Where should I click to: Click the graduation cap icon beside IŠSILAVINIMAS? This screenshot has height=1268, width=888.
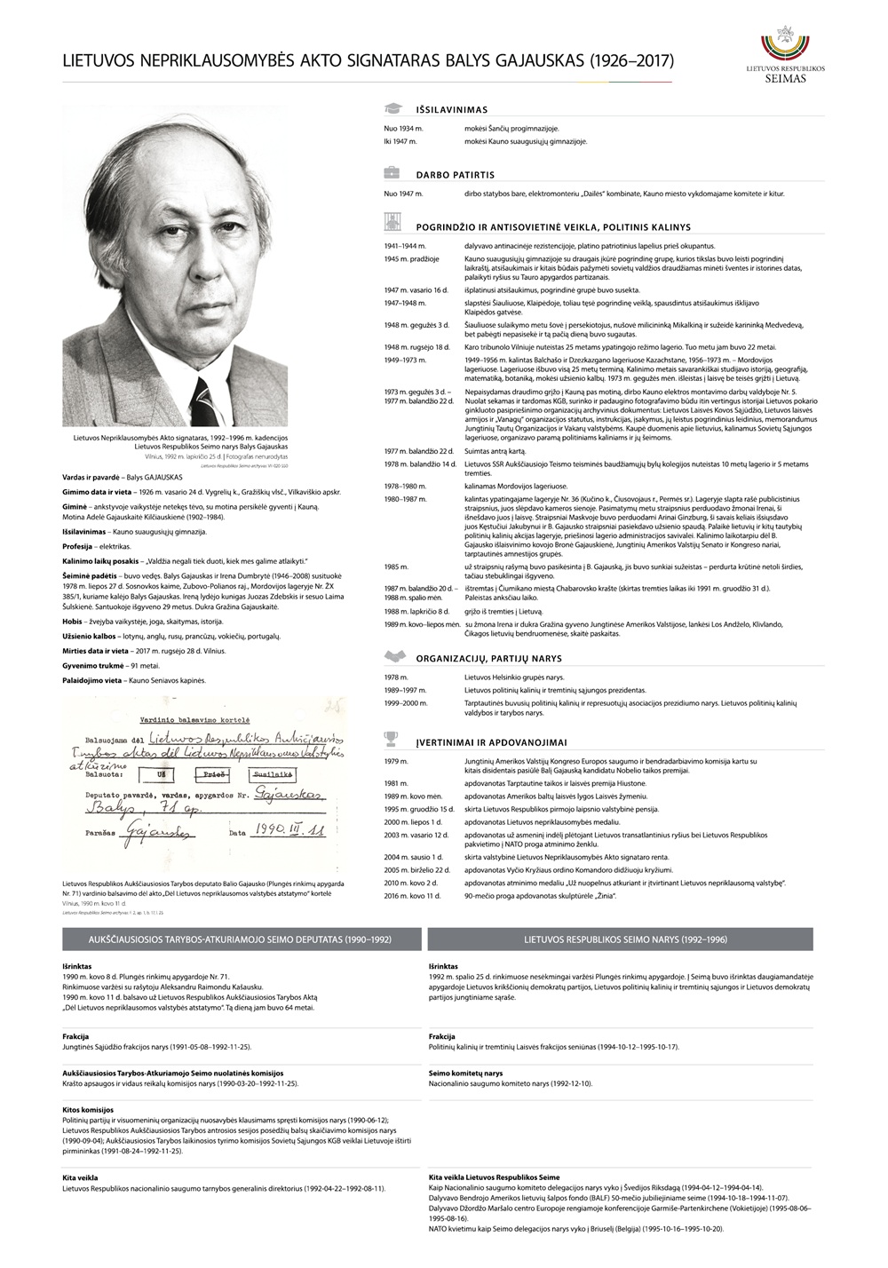pyautogui.click(x=392, y=109)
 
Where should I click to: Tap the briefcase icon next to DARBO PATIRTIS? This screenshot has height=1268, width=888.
pyautogui.click(x=392, y=174)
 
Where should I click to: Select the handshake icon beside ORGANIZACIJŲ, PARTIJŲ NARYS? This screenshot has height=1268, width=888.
pyautogui.click(x=392, y=657)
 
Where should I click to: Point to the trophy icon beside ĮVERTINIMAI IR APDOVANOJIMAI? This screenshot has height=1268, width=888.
pyautogui.click(x=392, y=739)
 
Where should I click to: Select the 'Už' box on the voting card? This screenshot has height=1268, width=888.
pyautogui.click(x=161, y=773)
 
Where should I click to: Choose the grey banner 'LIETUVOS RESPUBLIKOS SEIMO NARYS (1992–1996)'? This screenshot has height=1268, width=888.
pyautogui.click(x=620, y=939)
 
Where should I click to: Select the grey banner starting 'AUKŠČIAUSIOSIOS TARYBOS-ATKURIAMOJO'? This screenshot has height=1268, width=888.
pyautogui.click(x=241, y=939)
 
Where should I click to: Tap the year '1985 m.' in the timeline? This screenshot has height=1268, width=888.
pyautogui.click(x=396, y=567)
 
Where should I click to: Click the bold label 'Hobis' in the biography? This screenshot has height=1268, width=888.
pyautogui.click(x=73, y=622)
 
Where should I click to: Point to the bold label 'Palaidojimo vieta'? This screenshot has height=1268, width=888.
pyautogui.click(x=93, y=680)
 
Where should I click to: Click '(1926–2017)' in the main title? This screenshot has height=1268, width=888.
pyautogui.click(x=631, y=61)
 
